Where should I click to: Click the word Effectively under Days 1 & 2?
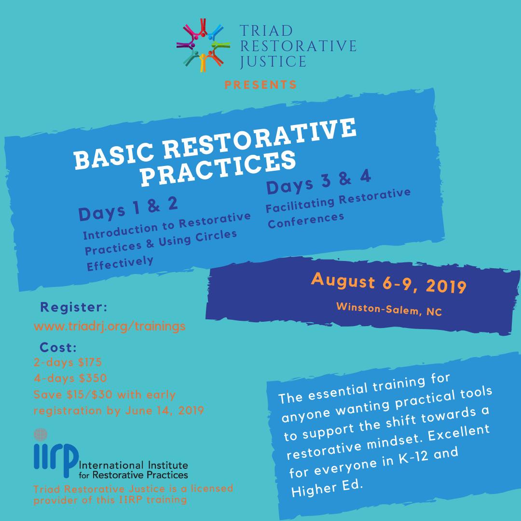point(120,261)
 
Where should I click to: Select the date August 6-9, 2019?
point(388,283)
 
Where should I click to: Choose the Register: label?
point(73,307)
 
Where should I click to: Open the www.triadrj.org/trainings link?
point(110,326)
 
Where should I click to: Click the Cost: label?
point(58,347)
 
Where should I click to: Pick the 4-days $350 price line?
point(70,378)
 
